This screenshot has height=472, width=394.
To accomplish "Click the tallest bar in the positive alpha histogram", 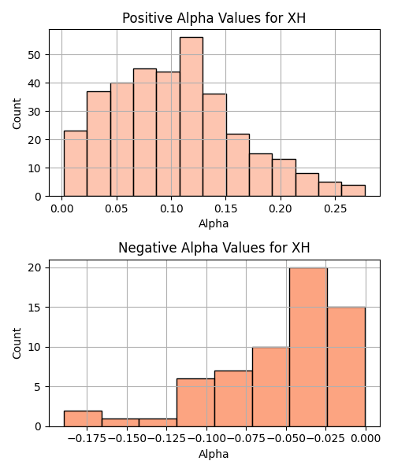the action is [x=191, y=116].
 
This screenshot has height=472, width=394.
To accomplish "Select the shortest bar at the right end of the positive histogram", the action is [x=353, y=190].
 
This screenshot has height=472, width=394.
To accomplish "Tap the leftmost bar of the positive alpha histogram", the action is [x=76, y=164].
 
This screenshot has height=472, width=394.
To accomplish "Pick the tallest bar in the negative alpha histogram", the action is [x=308, y=347].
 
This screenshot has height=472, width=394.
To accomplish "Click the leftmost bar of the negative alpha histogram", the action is [x=83, y=419].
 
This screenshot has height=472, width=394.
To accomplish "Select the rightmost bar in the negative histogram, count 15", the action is [x=347, y=367].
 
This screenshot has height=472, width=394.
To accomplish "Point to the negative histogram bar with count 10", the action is [x=271, y=387].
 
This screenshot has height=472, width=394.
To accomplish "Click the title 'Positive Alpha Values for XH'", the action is [x=214, y=18].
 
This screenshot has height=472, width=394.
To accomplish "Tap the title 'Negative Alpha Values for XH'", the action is [x=214, y=248].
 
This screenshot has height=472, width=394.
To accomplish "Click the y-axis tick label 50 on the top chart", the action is [x=35, y=55].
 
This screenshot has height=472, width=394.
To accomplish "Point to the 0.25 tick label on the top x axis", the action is [x=335, y=208].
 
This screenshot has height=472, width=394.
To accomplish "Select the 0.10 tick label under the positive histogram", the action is [x=171, y=208].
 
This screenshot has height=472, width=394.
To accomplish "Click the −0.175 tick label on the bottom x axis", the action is [x=87, y=439].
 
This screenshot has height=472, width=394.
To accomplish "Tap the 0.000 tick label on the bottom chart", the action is [x=366, y=439].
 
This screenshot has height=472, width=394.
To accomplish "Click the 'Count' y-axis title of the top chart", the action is [x=17, y=113].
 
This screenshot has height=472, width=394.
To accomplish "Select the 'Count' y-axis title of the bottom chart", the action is [x=17, y=344].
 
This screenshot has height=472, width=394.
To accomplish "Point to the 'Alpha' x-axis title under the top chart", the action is [x=214, y=223].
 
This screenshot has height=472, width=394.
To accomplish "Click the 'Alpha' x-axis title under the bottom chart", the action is [x=214, y=454].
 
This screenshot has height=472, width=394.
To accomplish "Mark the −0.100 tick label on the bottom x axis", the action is [x=206, y=439].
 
